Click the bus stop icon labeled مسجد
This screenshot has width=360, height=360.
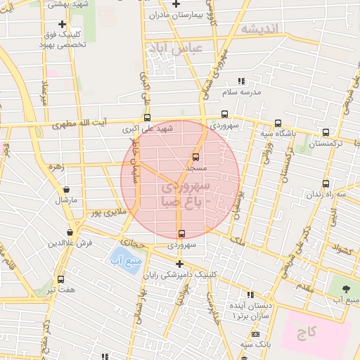(x=195, y=157)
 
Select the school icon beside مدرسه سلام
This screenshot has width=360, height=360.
(x=241, y=81)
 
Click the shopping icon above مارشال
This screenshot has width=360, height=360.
(x=66, y=189)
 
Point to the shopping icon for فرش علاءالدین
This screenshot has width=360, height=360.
(x=70, y=232)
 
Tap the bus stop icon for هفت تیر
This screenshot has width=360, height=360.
(x=60, y=279)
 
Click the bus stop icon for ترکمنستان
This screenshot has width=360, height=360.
(x=325, y=132)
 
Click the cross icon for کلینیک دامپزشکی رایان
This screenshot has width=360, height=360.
(x=179, y=264)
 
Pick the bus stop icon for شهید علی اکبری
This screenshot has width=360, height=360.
(x=147, y=118)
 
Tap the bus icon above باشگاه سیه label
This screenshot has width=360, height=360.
(x=278, y=122)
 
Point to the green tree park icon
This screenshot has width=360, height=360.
(x=345, y=290)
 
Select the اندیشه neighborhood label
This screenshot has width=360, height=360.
(x=259, y=29)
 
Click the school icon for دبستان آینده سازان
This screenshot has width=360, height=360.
(x=249, y=295)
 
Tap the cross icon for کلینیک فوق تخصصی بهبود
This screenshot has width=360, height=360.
(x=63, y=24)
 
